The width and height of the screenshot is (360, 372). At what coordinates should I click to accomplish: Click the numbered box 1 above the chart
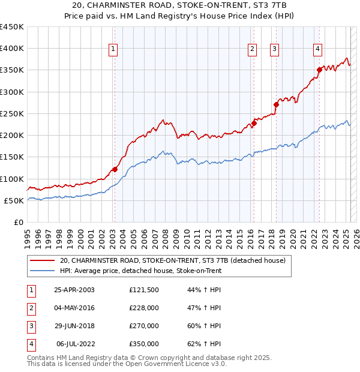113,50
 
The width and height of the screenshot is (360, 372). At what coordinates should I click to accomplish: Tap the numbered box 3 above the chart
274,50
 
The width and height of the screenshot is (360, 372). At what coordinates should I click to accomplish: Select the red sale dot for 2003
115,170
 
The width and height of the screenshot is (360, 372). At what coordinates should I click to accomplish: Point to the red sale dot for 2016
254,124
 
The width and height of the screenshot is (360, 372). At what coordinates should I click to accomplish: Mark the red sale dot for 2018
277,105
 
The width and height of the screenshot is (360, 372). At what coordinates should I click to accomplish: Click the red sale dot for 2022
319,70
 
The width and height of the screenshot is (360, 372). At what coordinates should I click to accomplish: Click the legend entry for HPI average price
140,271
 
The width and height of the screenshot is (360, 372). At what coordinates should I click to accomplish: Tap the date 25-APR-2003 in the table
74,290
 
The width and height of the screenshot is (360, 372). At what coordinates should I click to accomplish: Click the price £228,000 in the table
144,308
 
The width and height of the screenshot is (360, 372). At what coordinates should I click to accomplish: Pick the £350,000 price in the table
144,344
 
